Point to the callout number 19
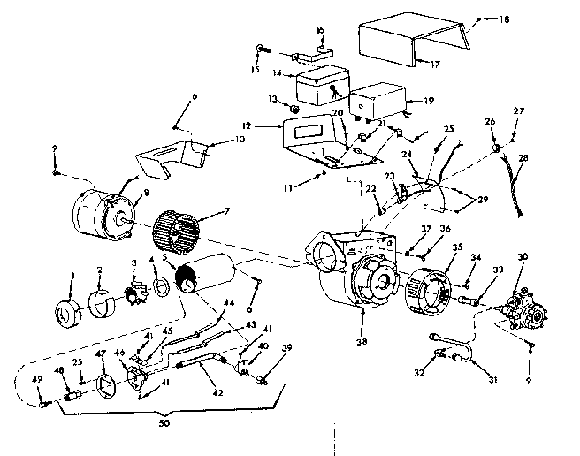click(430, 101)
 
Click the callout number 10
click(215, 140)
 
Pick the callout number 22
click(372, 188)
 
